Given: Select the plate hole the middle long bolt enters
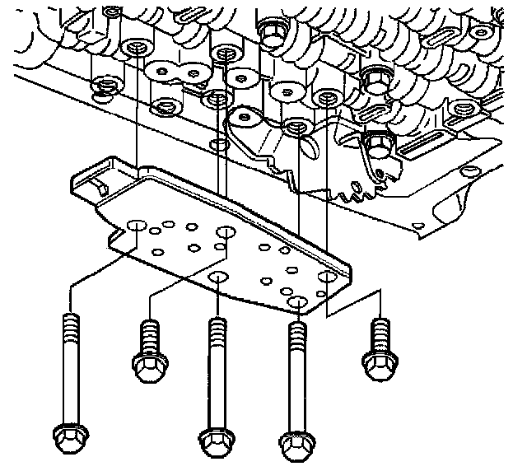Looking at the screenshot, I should point(217,275).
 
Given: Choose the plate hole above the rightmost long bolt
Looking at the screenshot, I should point(297,304).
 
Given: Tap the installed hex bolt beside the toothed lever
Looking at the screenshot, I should point(376,146).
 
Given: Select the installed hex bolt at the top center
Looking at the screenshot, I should point(269,30).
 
